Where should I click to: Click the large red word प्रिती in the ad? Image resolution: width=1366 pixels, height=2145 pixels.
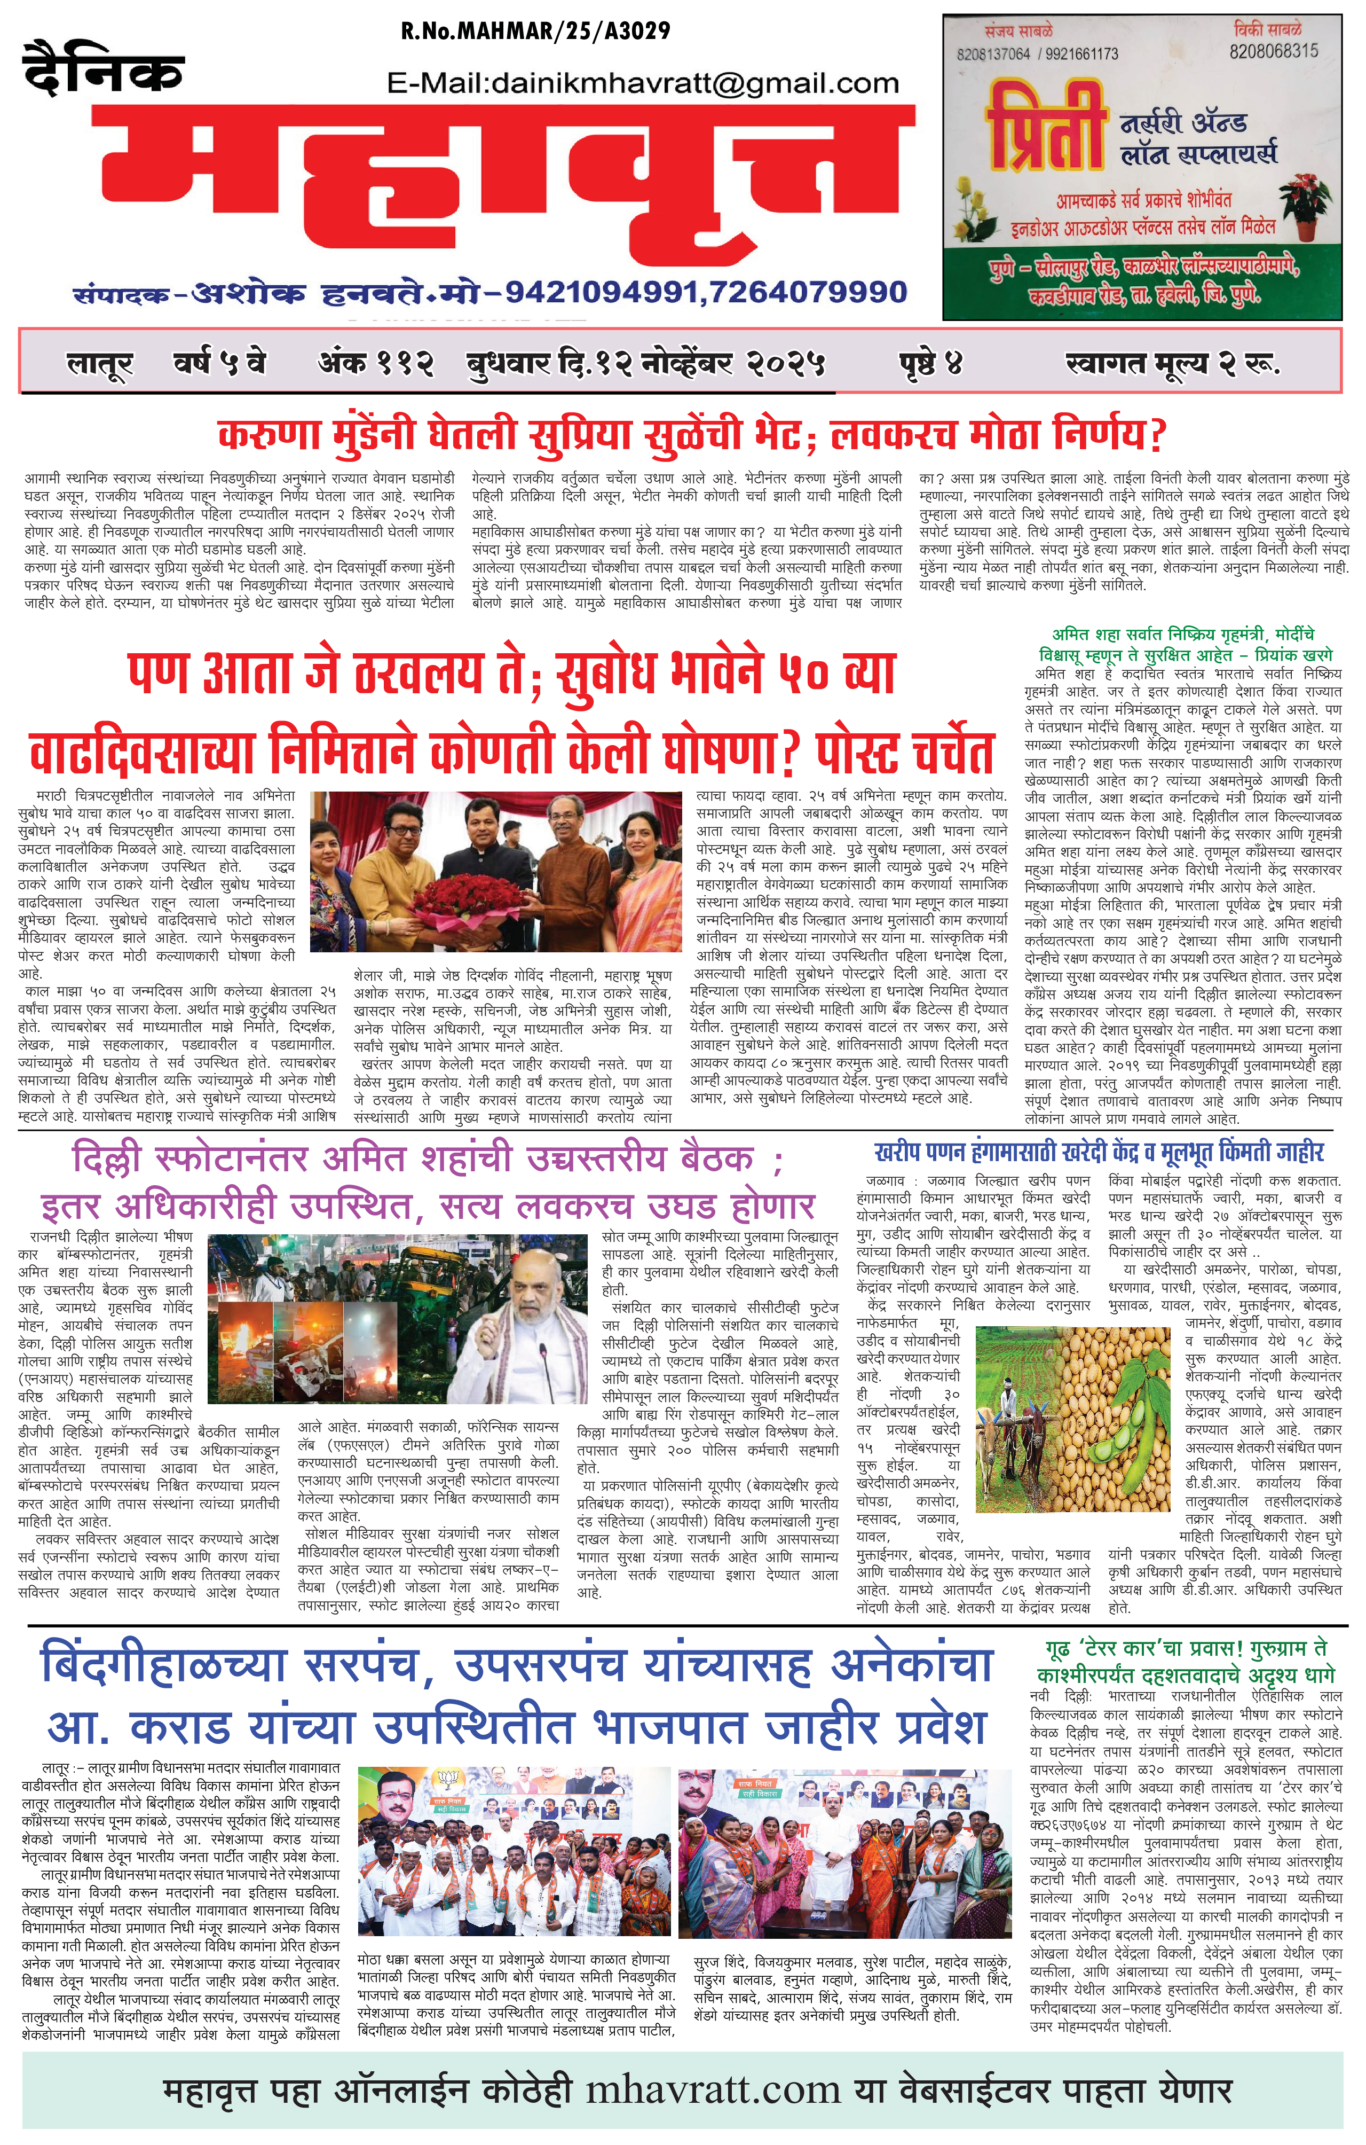(1046, 127)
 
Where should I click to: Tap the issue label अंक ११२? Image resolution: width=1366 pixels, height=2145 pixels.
(376, 363)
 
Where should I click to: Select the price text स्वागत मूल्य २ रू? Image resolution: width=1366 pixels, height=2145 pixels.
(1172, 363)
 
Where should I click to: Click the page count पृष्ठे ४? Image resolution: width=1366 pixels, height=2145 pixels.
(930, 363)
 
